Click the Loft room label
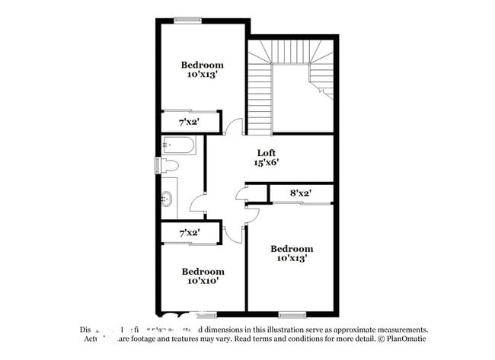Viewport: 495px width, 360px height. pyautogui.click(x=265, y=151)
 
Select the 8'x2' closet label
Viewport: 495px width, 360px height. pyautogui.click(x=301, y=194)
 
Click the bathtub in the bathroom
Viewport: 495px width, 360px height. pyautogui.click(x=178, y=145)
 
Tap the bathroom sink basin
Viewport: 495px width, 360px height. pyautogui.click(x=168, y=199)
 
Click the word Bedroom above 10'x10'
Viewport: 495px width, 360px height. pyautogui.click(x=203, y=271)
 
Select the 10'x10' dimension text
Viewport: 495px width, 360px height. pyautogui.click(x=203, y=281)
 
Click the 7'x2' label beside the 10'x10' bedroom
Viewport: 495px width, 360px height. pyautogui.click(x=189, y=232)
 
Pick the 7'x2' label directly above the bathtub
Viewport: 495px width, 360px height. pyautogui.click(x=189, y=122)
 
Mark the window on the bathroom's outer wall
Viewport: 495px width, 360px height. pyautogui.click(x=157, y=165)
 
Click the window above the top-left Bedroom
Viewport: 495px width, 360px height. pyautogui.click(x=187, y=20)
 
